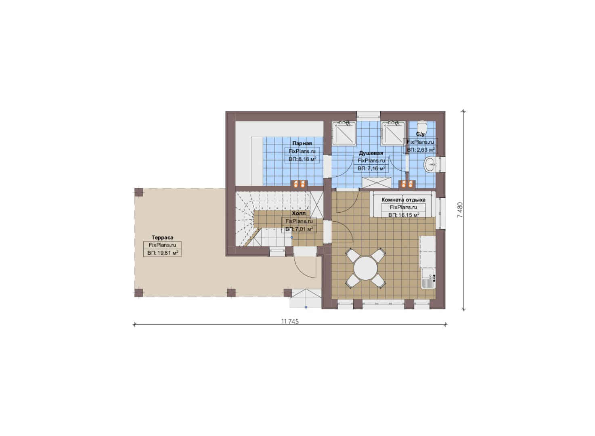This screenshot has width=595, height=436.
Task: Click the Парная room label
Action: tap(302, 143)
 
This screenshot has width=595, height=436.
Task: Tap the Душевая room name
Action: tap(371, 153)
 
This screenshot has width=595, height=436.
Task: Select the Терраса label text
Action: tap(162, 237)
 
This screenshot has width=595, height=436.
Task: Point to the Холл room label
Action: tap(299, 213)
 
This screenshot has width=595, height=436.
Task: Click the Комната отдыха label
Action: tap(404, 199)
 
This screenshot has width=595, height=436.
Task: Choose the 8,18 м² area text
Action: tap(307, 159)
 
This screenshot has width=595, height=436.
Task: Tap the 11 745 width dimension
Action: tap(290, 321)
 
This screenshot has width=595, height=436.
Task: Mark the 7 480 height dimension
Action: tap(460, 210)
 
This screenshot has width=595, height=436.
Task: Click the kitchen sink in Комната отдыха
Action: tap(427, 278)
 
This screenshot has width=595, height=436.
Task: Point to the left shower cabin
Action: tap(344, 133)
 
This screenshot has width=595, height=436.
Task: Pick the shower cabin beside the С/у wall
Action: tap(393, 133)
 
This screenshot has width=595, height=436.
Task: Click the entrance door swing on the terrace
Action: tap(305, 266)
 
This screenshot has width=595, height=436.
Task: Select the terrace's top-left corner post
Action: tap(138, 192)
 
